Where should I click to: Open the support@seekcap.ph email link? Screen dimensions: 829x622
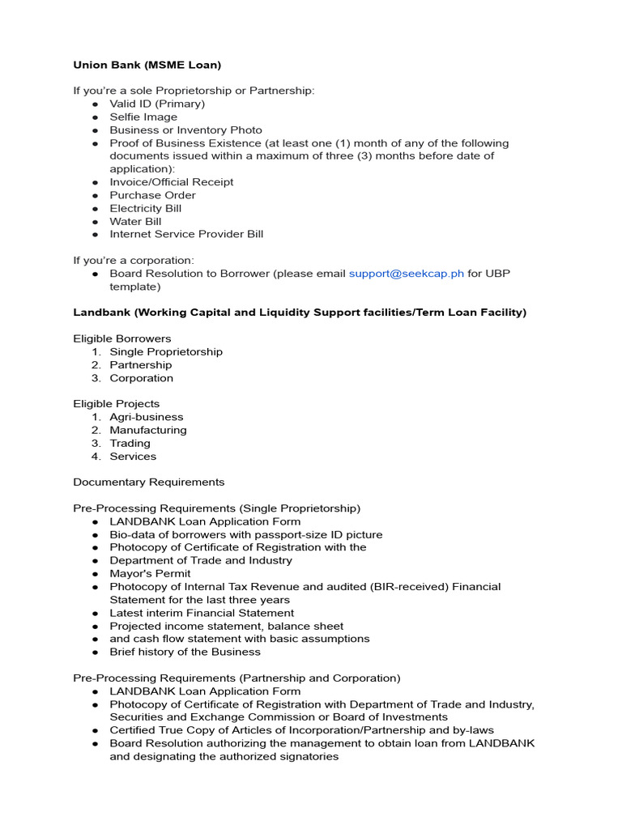point(406,274)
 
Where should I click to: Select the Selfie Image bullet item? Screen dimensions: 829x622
point(143,117)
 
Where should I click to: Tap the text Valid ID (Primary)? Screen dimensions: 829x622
point(157,104)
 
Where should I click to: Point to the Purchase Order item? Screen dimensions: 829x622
point(152,195)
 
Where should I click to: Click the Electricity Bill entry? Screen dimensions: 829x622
point(146,208)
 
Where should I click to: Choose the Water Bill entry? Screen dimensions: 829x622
point(135,221)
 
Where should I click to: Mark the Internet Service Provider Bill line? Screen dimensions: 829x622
point(186,234)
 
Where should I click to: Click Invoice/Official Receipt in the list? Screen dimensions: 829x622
point(172,182)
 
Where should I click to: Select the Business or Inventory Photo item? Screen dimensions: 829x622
point(185,130)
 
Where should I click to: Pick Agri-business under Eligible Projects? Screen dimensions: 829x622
point(147,417)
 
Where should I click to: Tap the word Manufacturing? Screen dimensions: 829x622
point(148,430)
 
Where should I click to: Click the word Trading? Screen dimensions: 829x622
point(130,443)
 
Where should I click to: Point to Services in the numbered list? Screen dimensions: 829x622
point(133,456)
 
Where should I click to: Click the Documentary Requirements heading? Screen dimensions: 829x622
point(149,482)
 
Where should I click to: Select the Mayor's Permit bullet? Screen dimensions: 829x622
point(150,573)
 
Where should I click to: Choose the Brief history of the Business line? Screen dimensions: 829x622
point(185,652)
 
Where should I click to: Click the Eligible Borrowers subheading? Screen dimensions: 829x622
point(122,338)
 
